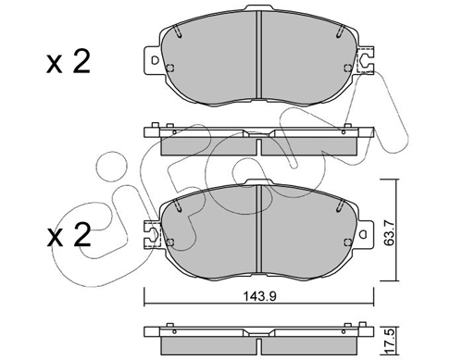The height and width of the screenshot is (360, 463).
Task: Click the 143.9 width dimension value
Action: point(259,297)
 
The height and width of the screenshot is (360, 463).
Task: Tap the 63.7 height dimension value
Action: point(390,230)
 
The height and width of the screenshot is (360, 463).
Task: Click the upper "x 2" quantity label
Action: point(69,62)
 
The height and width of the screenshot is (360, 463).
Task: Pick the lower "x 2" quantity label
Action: point(69,235)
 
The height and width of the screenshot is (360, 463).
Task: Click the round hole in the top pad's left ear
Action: point(155,60)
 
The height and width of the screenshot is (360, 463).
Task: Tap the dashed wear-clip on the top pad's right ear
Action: point(365,60)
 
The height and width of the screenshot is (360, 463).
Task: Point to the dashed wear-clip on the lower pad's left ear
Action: point(153,234)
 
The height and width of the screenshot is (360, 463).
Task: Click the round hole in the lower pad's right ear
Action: point(364,235)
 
